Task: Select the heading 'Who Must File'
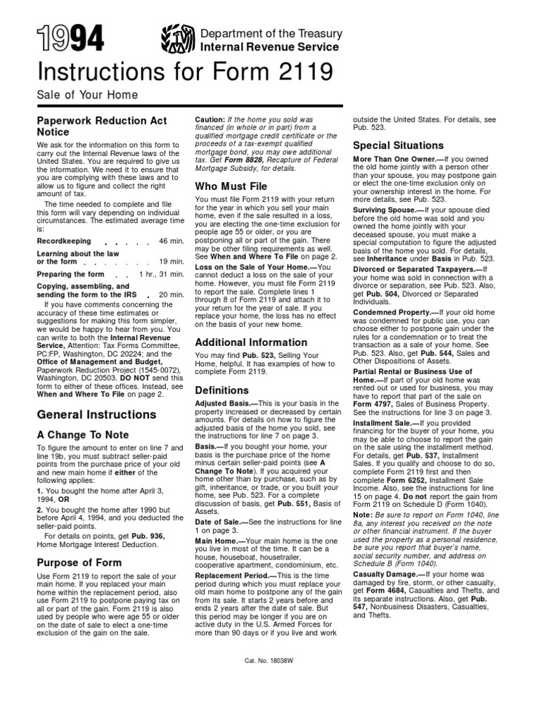coord(231,187)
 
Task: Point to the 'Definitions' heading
coord(221,390)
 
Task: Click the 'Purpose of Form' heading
coord(79,562)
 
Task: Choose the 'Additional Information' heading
coord(251,342)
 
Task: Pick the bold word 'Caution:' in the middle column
coord(210,120)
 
